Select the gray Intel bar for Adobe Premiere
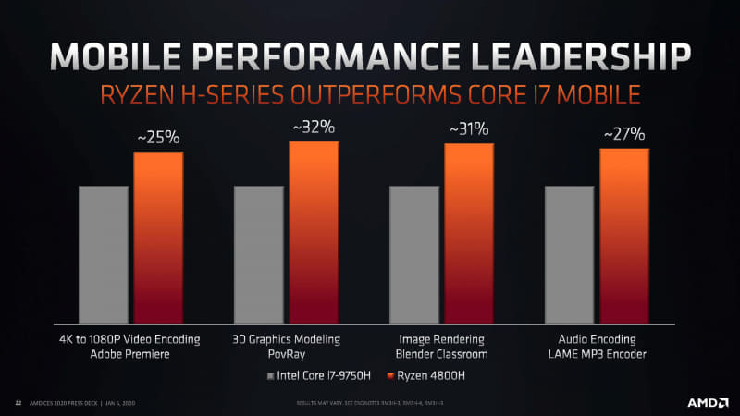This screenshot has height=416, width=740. tap(103, 253)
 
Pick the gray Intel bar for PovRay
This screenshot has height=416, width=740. tap(258, 253)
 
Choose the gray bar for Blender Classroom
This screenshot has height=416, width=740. tap(413, 253)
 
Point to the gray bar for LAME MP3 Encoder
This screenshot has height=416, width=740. tap(569, 253)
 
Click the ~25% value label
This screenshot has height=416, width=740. tap(158, 139)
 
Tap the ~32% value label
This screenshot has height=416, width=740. tap(314, 128)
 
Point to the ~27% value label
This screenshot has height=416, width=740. tap(624, 135)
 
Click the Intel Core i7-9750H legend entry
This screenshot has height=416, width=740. tap(319, 376)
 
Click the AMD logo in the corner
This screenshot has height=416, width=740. tap(705, 402)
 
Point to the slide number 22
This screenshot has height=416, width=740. tap(18, 403)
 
